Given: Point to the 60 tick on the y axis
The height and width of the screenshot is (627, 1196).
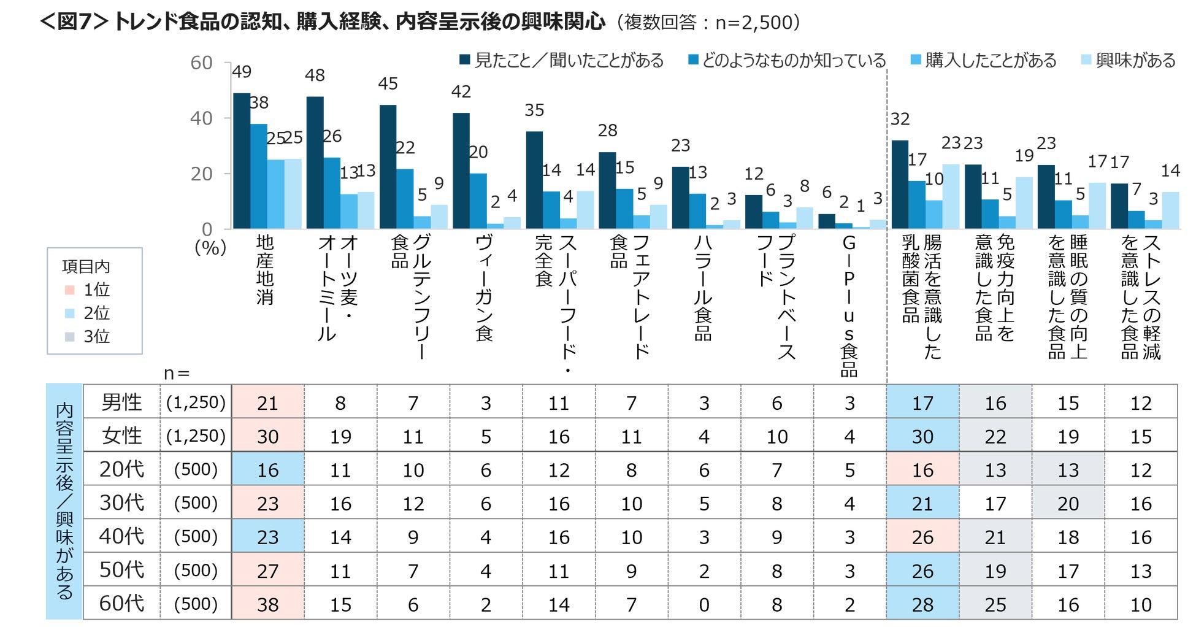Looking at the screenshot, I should [x=201, y=63].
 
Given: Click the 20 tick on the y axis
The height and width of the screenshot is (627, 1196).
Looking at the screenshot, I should [x=201, y=174].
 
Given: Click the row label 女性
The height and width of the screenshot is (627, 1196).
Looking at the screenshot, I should [x=121, y=436].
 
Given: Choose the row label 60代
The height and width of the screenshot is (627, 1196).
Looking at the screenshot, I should [x=121, y=603].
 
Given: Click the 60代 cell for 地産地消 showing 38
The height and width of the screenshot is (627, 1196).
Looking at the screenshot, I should [x=267, y=604].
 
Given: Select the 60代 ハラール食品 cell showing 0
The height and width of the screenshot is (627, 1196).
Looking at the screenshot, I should [x=703, y=604].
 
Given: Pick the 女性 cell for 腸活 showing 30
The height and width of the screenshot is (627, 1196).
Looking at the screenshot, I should [x=922, y=436].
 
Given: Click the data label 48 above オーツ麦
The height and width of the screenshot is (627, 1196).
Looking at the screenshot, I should [x=315, y=75].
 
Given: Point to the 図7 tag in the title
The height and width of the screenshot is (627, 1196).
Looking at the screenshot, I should [x=74, y=22].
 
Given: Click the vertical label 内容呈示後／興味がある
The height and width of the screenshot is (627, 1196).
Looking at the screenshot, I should [x=64, y=501].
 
